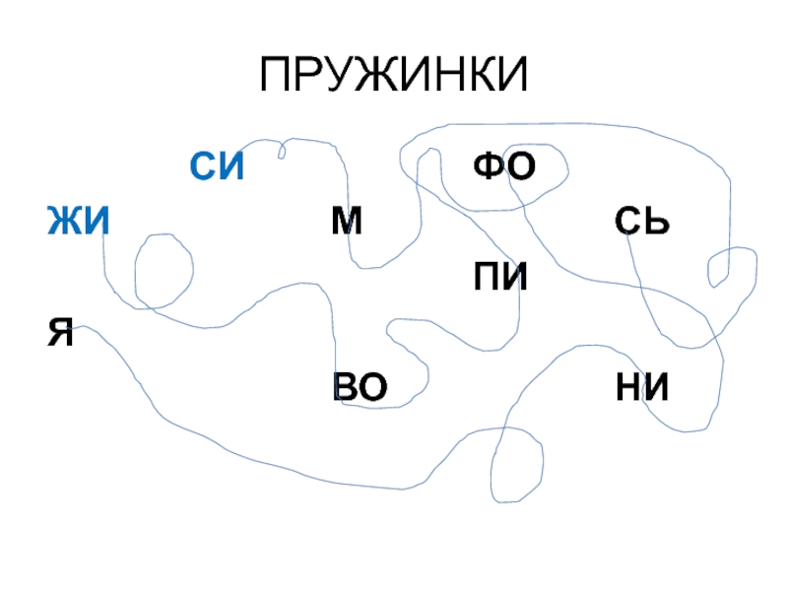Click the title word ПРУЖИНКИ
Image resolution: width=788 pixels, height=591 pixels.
(x=394, y=76)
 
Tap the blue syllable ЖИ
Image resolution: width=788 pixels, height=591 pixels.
(x=78, y=222)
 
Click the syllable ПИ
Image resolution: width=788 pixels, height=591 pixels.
(x=500, y=278)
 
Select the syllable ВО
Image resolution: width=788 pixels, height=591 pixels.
(x=361, y=388)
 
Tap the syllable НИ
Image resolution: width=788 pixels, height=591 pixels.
(x=641, y=388)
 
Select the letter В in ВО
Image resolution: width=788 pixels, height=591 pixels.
(x=346, y=388)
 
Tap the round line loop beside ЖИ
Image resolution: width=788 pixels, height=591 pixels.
(x=163, y=268)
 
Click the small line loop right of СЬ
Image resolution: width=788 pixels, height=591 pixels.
(x=720, y=267)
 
